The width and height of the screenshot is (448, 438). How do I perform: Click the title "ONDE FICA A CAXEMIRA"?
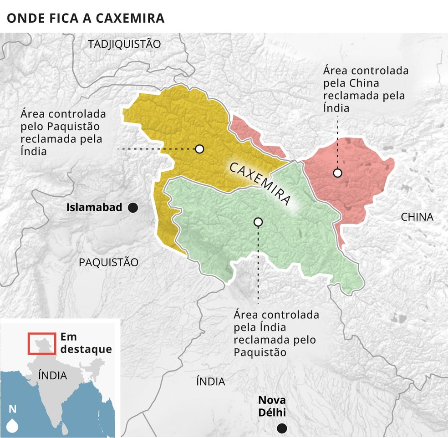pyautogui.click(x=85, y=18)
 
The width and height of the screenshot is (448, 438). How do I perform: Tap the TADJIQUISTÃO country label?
pyautogui.click(x=124, y=44)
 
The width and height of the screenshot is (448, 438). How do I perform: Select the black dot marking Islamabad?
pyautogui.click(x=133, y=208)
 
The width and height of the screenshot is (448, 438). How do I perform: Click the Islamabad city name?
pyautogui.click(x=94, y=208)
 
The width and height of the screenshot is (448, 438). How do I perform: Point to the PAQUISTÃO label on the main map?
pyautogui.click(x=108, y=262)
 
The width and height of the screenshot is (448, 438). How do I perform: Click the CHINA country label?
pyautogui.click(x=417, y=217)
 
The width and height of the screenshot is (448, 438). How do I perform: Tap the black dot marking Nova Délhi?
pyautogui.click(x=282, y=428)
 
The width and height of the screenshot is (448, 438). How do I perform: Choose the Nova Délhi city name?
pyautogui.click(x=272, y=407)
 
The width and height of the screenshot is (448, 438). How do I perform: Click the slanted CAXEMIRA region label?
pyautogui.click(x=260, y=184)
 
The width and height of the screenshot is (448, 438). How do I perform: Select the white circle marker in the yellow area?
pyautogui.click(x=199, y=148)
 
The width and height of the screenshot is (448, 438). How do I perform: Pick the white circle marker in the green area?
pyautogui.click(x=258, y=222)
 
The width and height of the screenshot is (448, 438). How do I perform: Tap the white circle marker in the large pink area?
pyautogui.click(x=337, y=173)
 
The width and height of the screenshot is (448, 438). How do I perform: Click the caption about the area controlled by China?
pyautogui.click(x=366, y=90)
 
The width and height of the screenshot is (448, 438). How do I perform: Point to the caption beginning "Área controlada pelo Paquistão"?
pyautogui.click(x=63, y=132)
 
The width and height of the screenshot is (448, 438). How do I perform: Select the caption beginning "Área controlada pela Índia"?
pyautogui.click(x=276, y=334)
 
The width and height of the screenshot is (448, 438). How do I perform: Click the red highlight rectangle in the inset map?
pyautogui.click(x=42, y=344)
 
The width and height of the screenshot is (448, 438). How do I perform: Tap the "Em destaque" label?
pyautogui.click(x=86, y=343)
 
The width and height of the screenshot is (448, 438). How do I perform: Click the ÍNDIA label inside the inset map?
pyautogui.click(x=52, y=376)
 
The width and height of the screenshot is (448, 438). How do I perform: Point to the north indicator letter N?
pyautogui.click(x=12, y=409)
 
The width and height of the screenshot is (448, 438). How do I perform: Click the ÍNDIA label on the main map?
pyautogui.click(x=210, y=382)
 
